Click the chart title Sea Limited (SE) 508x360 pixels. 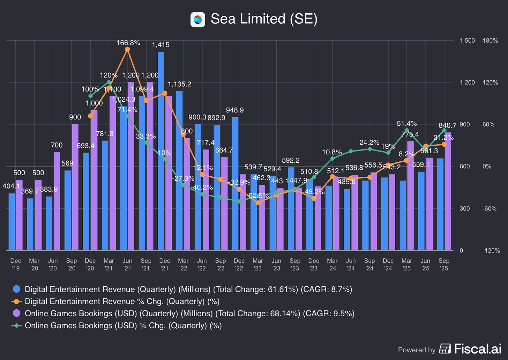pos(264,19)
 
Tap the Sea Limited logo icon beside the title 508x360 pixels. pos(197,19)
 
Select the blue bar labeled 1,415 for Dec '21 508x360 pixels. pos(161,150)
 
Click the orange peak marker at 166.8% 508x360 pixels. pos(127,49)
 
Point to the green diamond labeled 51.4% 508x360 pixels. pos(407,130)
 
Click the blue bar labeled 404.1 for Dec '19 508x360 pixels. pos(12,222)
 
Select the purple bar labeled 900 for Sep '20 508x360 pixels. pos(75,187)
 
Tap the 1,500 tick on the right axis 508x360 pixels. pos(467,41)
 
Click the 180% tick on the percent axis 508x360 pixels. pos(490,41)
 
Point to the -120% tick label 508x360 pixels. pos(491,250)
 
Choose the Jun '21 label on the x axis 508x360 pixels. pos(127,264)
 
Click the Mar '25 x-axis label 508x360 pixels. pos(407,264)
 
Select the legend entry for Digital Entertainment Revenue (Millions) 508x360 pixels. pos(188,289)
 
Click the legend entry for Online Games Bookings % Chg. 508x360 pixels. pos(123,325)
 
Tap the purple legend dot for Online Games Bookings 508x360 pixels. pos(16,313)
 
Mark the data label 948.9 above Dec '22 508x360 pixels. pos(235,110)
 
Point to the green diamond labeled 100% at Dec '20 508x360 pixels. pos(90,96)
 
